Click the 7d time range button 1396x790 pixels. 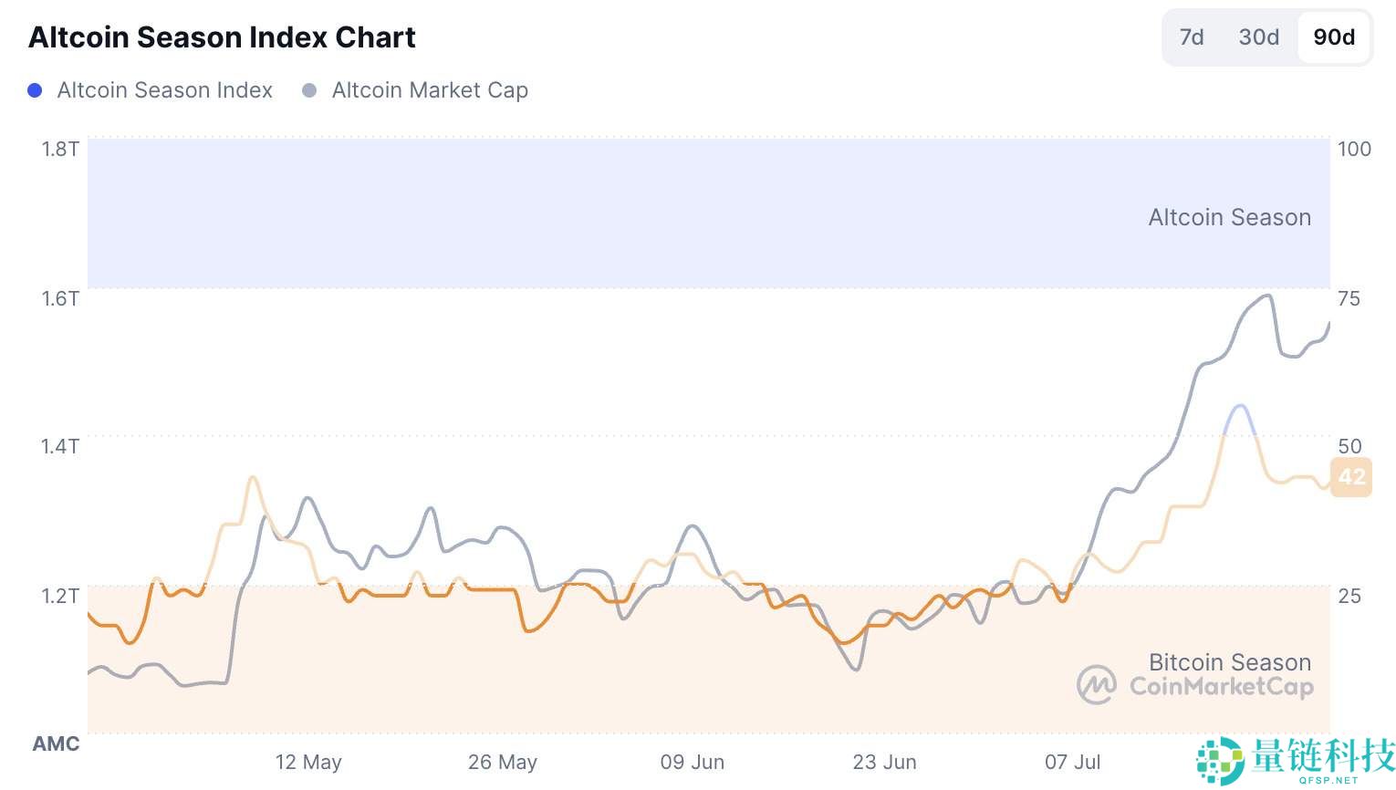point(1192,37)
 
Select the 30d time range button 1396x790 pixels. point(1258,37)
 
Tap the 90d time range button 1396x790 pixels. point(1334,37)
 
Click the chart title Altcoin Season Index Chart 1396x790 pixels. point(222,37)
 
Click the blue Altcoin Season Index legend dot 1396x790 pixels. point(35,90)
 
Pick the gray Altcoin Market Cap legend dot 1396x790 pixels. point(309,90)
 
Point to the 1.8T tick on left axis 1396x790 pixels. point(60,149)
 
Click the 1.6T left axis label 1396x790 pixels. point(60,298)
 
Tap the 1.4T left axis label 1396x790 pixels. point(60,446)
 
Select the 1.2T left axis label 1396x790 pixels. point(60,596)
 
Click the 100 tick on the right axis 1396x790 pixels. point(1354,149)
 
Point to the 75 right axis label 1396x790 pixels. point(1349,298)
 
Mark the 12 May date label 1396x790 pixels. point(308,762)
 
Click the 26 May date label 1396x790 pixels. point(503,762)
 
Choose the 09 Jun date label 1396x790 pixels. point(693,762)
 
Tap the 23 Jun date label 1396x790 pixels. point(884,762)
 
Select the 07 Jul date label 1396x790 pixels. point(1073,762)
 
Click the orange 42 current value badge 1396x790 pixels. point(1351,476)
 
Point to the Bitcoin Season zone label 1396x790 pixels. point(1229,662)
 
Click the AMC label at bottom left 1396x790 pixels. point(56,743)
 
